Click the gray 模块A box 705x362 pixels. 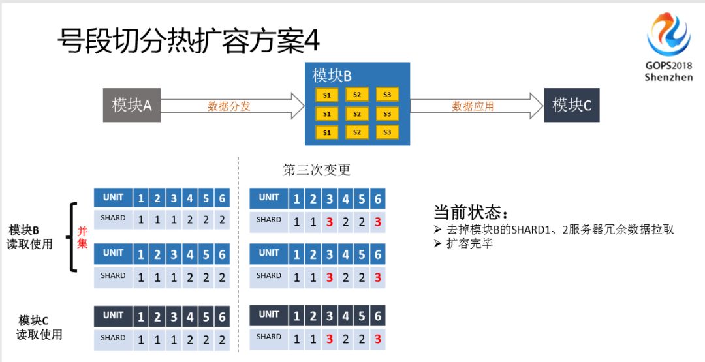coord(132,105)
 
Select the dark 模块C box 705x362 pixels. coord(572,105)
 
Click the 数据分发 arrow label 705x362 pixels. coord(229,106)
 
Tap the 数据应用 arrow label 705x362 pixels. coord(473,106)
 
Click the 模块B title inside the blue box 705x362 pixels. coord(332,76)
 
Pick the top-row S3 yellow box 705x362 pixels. coord(387,95)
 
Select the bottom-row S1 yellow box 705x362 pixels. coord(327,133)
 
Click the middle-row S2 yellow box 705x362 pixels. coord(357,114)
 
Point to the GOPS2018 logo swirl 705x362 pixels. coord(668,35)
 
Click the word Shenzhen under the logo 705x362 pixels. coord(668,77)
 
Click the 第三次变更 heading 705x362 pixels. coord(317,170)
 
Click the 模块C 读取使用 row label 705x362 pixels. coord(39,327)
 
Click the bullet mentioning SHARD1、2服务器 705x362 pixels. coord(559,229)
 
